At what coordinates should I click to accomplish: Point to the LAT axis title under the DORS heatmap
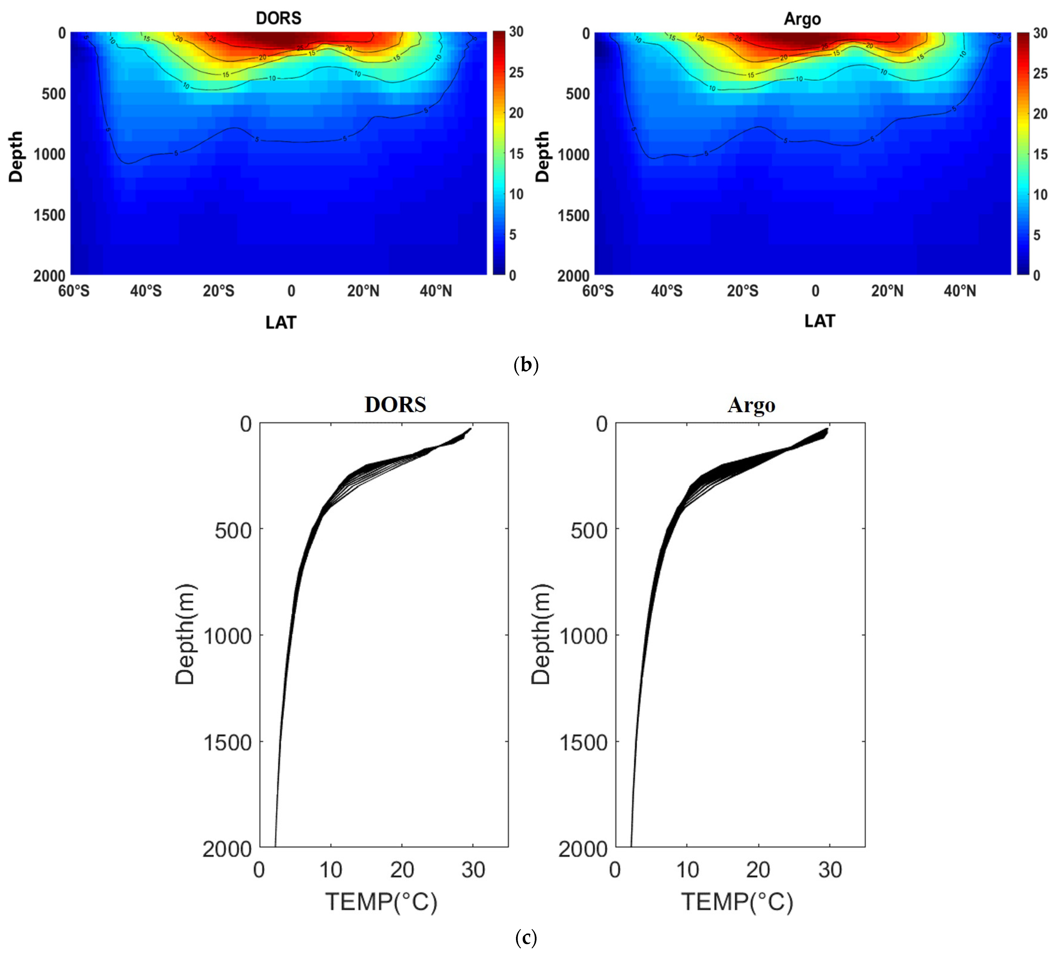pos(281,322)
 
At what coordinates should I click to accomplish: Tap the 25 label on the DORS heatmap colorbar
pos(516,72)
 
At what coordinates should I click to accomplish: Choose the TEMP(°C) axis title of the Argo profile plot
pos(737,902)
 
